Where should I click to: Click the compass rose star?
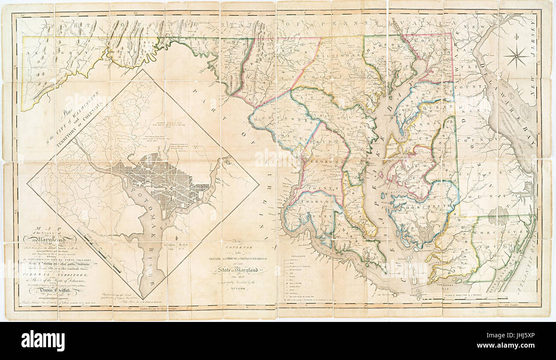(516, 57)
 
